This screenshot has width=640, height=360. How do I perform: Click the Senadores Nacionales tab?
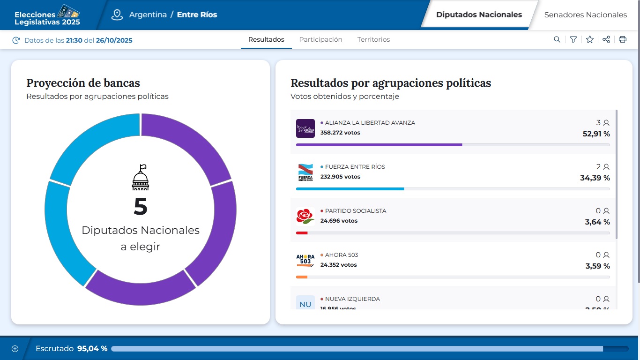(585, 15)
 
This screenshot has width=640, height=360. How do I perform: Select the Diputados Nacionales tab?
(479, 15)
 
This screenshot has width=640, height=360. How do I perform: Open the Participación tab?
(320, 40)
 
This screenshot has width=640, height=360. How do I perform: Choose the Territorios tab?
(373, 40)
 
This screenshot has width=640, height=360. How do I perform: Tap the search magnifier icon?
(557, 40)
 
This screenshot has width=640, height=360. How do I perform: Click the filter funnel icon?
(573, 40)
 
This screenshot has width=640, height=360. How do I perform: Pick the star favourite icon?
(589, 40)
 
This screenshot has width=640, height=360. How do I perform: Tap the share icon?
(606, 40)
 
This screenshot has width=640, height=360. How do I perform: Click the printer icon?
(623, 40)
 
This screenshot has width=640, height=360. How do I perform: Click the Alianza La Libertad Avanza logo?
(305, 128)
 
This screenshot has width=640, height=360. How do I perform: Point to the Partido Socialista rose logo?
(305, 216)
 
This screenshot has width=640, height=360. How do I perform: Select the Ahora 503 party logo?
(305, 260)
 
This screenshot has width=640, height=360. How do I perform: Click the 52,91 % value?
(596, 135)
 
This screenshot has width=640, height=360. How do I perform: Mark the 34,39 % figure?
(595, 178)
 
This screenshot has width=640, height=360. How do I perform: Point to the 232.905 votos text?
(340, 177)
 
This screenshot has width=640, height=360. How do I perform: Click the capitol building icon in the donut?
(140, 178)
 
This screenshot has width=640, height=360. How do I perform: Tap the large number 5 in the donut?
(141, 207)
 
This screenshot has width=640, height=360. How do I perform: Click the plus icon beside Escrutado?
(15, 349)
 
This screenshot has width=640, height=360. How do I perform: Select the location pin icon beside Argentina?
(117, 15)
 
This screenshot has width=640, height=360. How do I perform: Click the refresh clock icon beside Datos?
(16, 40)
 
